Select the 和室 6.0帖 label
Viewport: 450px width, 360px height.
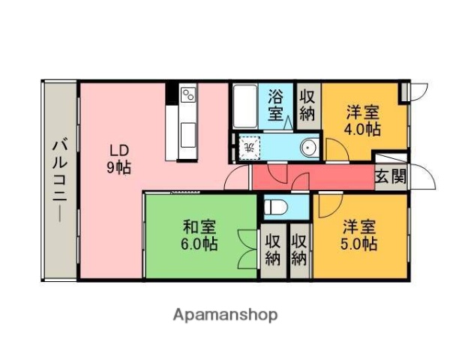coord(199,235)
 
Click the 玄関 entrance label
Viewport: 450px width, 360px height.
coord(390,178)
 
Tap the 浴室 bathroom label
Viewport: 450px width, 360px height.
coord(276,105)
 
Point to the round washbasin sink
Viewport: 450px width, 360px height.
coord(308,148)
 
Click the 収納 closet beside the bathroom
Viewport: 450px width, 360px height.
coord(307,105)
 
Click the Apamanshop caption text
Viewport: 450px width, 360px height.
coord(225,315)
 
